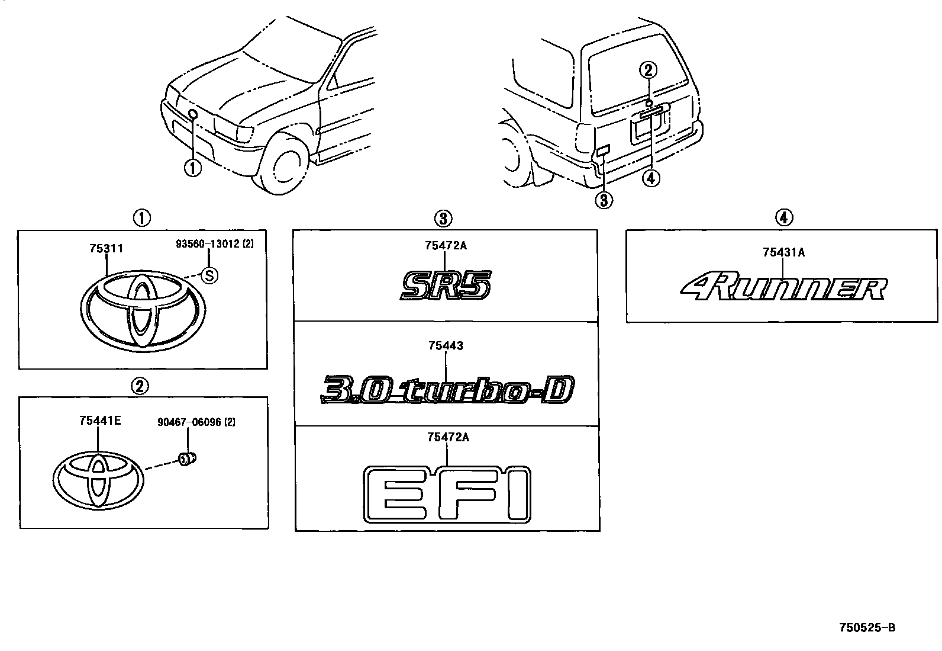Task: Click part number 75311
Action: pyautogui.click(x=107, y=249)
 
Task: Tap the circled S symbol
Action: pyautogui.click(x=209, y=274)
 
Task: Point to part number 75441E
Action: pyautogui.click(x=100, y=421)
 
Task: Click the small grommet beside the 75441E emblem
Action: pyautogui.click(x=188, y=458)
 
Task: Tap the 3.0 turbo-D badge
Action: pyautogui.click(x=447, y=390)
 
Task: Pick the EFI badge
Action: pyautogui.click(x=447, y=495)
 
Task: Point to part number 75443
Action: pyautogui.click(x=446, y=346)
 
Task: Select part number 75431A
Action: pyautogui.click(x=783, y=252)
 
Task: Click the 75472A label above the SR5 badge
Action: pyautogui.click(x=446, y=245)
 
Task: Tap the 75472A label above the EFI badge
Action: pyautogui.click(x=447, y=437)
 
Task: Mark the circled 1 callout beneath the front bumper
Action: pyautogui.click(x=192, y=168)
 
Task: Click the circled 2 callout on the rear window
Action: pyautogui.click(x=648, y=70)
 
